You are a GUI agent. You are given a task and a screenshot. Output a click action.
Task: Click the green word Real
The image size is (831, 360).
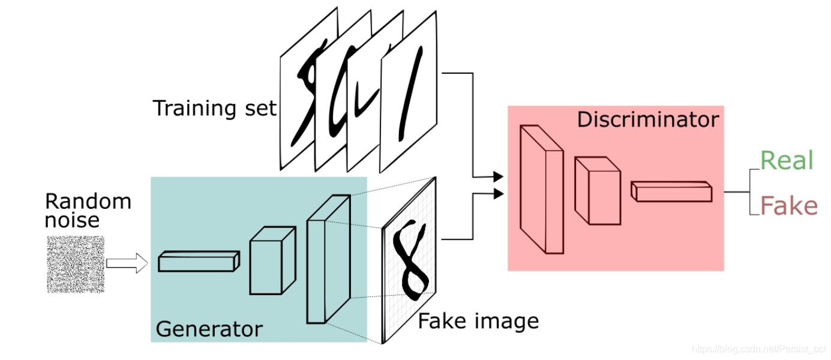point(787,161)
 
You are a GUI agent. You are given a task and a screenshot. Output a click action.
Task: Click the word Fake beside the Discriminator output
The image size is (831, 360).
point(788,206)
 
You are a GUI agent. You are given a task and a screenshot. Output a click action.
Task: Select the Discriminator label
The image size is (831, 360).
point(647,119)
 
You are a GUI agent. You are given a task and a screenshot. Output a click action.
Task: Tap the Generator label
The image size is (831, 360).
point(209,329)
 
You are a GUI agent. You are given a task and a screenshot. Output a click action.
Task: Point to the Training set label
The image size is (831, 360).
point(214,109)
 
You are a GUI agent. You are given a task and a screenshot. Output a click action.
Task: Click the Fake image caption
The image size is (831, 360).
point(478,321)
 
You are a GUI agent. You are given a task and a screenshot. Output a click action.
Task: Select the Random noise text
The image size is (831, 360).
point(87,210)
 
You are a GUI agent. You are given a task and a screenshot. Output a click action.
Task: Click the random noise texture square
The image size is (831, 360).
point(76,264)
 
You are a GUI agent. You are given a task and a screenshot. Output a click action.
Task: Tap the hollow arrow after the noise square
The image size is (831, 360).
point(126,263)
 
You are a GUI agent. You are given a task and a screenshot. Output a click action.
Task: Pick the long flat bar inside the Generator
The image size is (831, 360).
point(199,262)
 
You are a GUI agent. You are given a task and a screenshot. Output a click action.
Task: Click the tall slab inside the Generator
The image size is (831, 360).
point(327,259)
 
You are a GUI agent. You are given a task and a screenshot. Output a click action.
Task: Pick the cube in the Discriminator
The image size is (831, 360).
point(596,190)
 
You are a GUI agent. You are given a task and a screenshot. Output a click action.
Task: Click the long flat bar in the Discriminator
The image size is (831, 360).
point(671,191)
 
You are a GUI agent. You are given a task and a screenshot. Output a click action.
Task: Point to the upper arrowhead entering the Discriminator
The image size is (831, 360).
point(497,176)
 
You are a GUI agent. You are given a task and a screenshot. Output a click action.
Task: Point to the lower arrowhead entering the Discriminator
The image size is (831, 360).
point(497,193)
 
